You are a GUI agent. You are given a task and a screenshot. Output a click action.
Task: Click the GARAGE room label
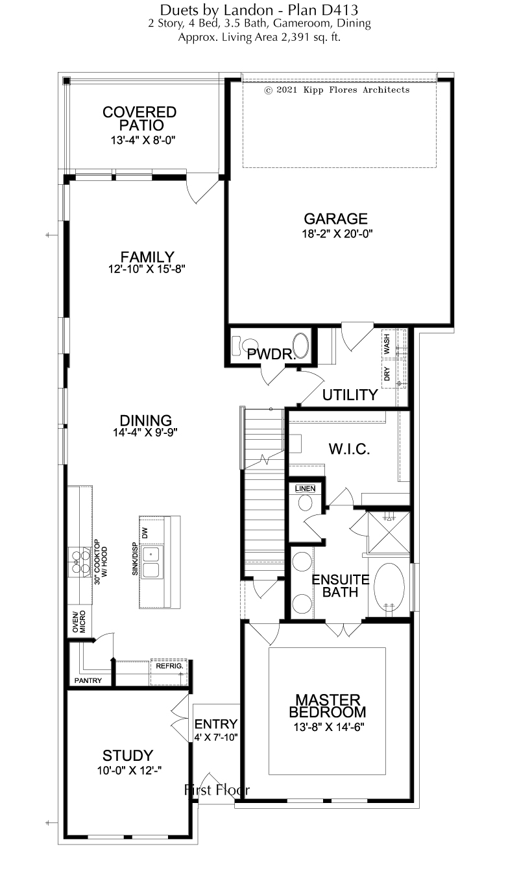(x=335, y=219)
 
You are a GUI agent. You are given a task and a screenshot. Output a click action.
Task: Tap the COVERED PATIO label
(x=139, y=119)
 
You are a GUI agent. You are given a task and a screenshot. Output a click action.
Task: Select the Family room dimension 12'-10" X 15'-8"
(x=147, y=269)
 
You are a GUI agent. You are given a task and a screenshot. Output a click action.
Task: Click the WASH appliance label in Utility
(x=387, y=344)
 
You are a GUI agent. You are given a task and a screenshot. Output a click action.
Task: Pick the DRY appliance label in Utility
(x=387, y=374)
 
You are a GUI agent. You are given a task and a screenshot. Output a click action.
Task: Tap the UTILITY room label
(x=350, y=395)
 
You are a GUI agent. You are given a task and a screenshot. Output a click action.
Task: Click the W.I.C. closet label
(x=349, y=449)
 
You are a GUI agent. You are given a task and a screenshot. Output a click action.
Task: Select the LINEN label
(x=305, y=488)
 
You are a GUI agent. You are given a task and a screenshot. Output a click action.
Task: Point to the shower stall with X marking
(x=389, y=533)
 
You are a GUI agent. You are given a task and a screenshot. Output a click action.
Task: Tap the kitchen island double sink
(x=151, y=563)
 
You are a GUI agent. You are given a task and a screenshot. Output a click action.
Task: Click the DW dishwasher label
(x=145, y=533)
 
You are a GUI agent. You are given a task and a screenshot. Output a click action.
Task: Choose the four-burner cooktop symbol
(x=80, y=562)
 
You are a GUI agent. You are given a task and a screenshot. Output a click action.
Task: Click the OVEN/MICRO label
(x=79, y=621)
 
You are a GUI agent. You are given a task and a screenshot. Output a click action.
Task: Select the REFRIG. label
(x=169, y=666)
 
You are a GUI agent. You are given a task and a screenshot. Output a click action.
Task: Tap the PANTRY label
(x=88, y=680)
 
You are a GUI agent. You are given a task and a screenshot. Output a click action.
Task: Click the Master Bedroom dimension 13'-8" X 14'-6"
(x=329, y=727)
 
